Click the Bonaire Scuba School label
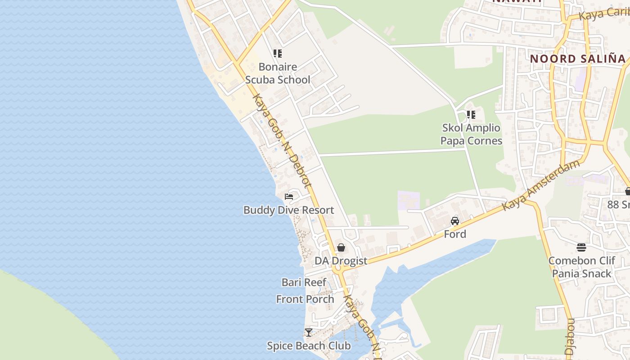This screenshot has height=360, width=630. (x=278, y=73)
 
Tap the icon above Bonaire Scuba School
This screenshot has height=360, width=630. (x=278, y=54)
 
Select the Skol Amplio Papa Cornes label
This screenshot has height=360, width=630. (x=471, y=134)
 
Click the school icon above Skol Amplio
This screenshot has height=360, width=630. (x=471, y=114)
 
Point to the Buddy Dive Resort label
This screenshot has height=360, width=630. (x=288, y=210)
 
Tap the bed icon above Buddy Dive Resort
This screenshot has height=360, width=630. (x=289, y=197)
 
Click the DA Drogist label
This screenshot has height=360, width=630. (x=341, y=261)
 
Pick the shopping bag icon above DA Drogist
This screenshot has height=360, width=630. (x=341, y=247)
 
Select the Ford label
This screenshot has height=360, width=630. (x=455, y=234)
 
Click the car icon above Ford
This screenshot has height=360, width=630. (x=455, y=221)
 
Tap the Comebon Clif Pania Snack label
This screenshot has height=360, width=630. (x=581, y=267)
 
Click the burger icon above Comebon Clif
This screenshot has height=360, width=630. (x=581, y=247)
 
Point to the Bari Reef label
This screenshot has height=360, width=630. (x=304, y=282)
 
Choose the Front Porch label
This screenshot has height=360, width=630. (x=305, y=299)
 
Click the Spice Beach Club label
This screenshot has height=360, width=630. (x=309, y=346)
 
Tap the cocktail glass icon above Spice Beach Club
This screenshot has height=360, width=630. (x=309, y=333)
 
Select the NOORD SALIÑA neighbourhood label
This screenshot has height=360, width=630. (x=578, y=58)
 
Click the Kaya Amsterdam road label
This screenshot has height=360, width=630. (x=541, y=185)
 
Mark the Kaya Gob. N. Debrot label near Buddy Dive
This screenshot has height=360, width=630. (x=282, y=141)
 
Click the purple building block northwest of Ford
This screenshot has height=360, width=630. (x=409, y=200)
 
